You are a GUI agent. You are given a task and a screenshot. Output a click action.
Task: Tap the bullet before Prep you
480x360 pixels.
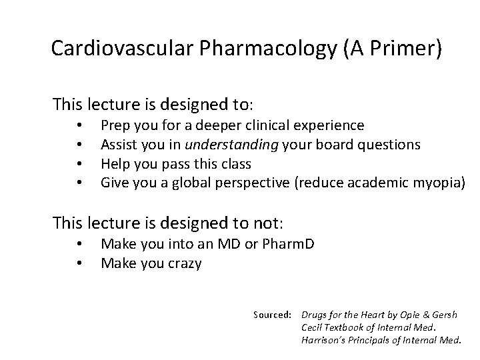[79, 125]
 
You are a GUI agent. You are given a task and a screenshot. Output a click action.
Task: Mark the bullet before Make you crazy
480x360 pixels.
[79, 263]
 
